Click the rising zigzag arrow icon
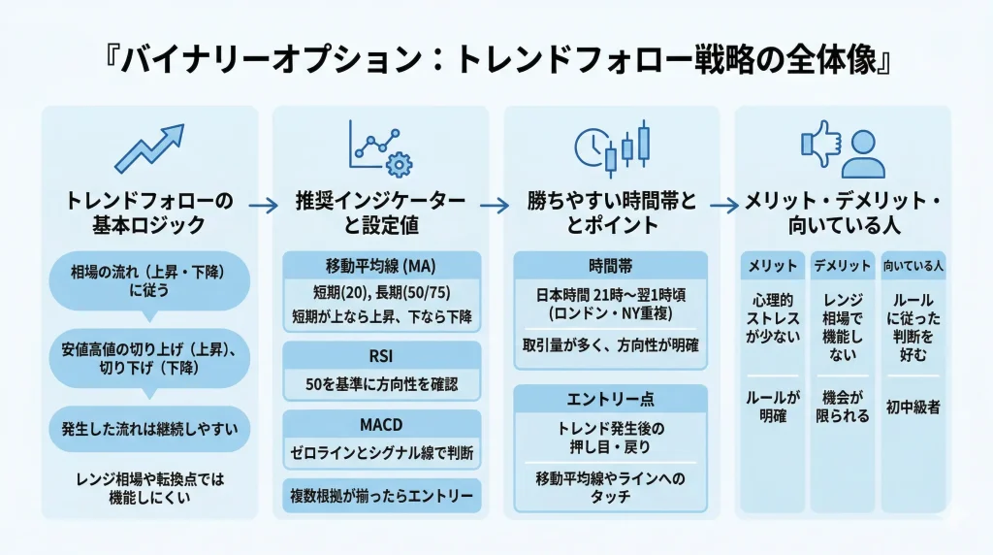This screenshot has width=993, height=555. [148, 147]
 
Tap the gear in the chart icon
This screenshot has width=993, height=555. [398, 162]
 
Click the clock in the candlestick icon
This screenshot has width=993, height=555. [590, 147]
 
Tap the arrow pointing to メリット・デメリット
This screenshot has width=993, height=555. [724, 206]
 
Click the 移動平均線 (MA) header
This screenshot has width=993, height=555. [381, 265]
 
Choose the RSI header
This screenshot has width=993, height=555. [381, 356]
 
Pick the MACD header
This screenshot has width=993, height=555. [381, 424]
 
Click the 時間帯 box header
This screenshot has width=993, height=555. [611, 265]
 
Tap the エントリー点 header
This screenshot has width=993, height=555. [611, 399]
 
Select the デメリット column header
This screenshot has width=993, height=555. [842, 265]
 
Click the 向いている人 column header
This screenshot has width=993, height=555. [913, 265]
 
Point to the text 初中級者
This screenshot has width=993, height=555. [913, 408]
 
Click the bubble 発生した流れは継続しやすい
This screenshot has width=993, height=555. [148, 428]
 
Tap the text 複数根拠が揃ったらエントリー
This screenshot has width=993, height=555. [381, 496]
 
